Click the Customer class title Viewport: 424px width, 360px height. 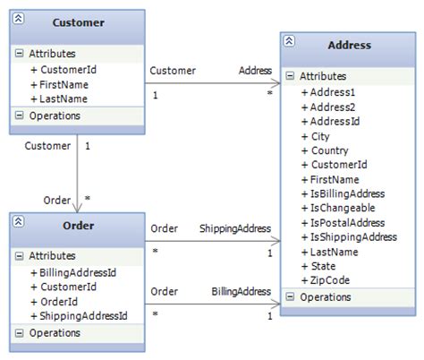coord(79,22)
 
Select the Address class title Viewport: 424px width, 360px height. coord(350,45)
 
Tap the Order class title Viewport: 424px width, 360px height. coord(79,226)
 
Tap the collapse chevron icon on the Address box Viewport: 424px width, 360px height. coord(289,41)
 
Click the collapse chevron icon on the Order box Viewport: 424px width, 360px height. coord(18,221)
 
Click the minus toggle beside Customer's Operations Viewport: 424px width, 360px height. coord(19,116)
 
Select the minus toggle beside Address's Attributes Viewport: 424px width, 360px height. coord(290,75)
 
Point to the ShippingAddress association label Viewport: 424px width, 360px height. coord(235,228)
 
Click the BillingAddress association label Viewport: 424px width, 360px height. coord(242,292)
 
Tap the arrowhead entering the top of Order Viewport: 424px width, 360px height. coord(77,208)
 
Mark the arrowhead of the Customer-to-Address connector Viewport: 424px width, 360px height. coord(276,83)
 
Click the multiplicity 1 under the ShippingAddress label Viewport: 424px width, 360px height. coord(270,253)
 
